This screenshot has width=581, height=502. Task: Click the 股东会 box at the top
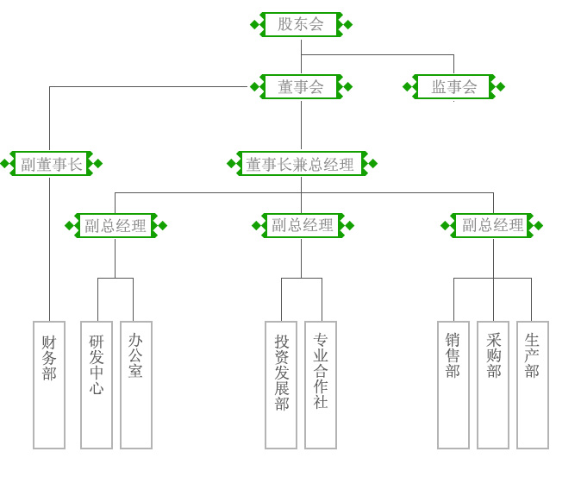coord(301,24)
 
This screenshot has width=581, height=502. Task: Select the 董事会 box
coord(301,86)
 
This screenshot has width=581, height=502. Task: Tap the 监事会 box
coord(453,86)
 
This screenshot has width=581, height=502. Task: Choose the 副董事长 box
coord(52,164)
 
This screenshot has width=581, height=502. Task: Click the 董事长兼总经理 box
coord(300,164)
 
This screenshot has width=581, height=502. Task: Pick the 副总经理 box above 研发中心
coord(116,226)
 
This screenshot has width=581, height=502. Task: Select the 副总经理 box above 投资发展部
coord(303,226)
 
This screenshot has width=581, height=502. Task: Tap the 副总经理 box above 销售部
coord(492,226)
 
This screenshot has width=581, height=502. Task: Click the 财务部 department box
coord(49,385)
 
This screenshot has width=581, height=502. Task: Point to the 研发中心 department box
coord(97,385)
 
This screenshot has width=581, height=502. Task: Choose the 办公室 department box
coord(136,385)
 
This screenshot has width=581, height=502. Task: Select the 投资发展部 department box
coord(281,385)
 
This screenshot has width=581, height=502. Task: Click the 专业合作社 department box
coord(321,385)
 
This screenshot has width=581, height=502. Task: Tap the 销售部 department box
coord(453,385)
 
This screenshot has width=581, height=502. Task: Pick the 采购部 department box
coord(493,385)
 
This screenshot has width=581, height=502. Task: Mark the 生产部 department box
coord(533,385)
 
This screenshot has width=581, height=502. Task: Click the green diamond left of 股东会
coord(254,24)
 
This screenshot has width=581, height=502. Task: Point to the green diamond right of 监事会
coord(501,86)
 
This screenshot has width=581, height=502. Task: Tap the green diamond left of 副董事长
coord(4,164)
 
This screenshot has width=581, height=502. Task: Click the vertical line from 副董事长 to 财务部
coord(49,250)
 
